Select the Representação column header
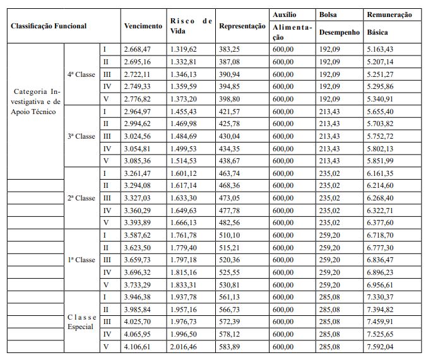tap(242, 27)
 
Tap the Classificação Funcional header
tap(48, 27)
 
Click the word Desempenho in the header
tap(339, 32)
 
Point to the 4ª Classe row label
tap(81, 74)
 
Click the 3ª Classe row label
tap(81, 136)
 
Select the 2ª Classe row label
tap(81, 198)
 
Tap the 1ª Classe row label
tap(81, 260)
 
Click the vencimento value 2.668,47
tap(138, 49)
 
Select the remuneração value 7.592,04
tap(381, 347)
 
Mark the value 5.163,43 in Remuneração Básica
tap(381, 49)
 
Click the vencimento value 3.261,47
tap(138, 173)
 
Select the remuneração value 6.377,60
tap(381, 223)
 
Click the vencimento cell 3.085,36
tap(138, 160)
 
